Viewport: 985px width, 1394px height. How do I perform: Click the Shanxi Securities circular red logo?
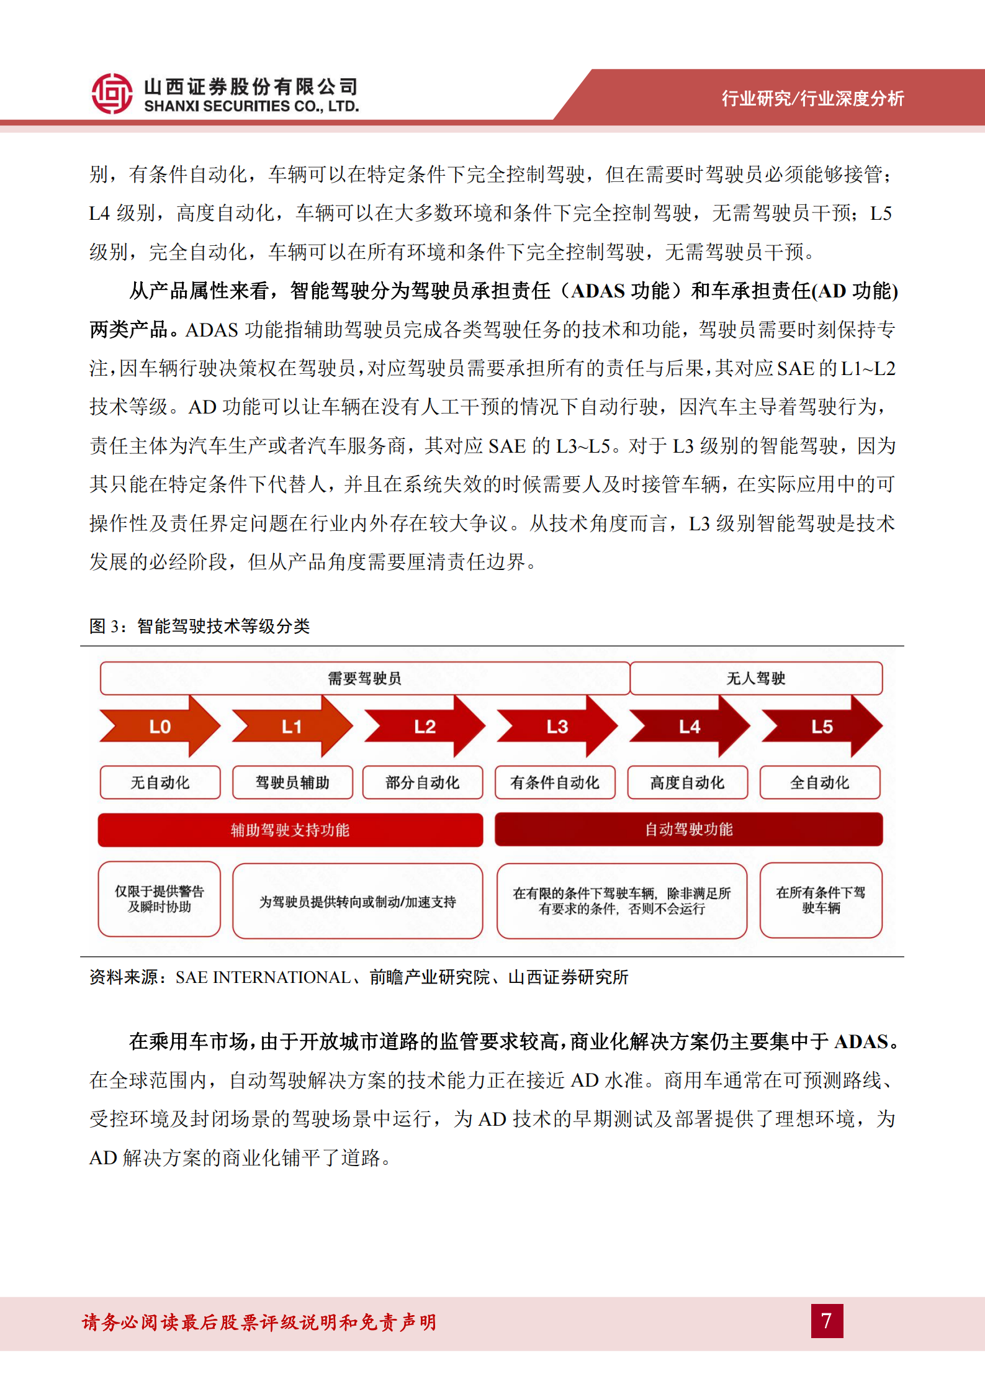[112, 94]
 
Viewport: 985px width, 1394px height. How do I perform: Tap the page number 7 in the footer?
[826, 1320]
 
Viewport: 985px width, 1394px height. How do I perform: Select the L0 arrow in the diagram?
[160, 726]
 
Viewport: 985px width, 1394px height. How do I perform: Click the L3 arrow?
[557, 726]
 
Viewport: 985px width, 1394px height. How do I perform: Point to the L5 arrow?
[821, 726]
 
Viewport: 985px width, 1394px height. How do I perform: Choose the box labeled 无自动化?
[160, 782]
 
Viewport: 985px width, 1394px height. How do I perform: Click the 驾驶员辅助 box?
[292, 782]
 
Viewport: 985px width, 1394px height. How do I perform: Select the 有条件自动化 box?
[555, 782]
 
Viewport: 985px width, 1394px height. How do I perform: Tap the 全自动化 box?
[819, 782]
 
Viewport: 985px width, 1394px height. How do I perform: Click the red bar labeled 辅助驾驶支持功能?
[290, 830]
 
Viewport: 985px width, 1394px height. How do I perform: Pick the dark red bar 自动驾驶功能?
[688, 829]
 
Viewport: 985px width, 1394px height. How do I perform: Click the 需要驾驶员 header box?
[364, 678]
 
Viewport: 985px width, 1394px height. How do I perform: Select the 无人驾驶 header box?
[756, 678]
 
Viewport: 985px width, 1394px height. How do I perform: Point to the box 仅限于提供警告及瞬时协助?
[160, 898]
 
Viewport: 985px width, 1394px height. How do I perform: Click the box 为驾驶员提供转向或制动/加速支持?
[358, 901]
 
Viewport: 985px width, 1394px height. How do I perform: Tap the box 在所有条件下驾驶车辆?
[821, 900]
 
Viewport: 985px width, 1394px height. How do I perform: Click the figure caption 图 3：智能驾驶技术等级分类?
[199, 626]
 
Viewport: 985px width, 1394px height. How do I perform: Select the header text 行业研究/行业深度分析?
[812, 98]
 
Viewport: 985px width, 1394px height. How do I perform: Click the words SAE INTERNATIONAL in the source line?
[263, 977]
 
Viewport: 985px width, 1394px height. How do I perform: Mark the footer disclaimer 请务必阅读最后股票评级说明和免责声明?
[259, 1322]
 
